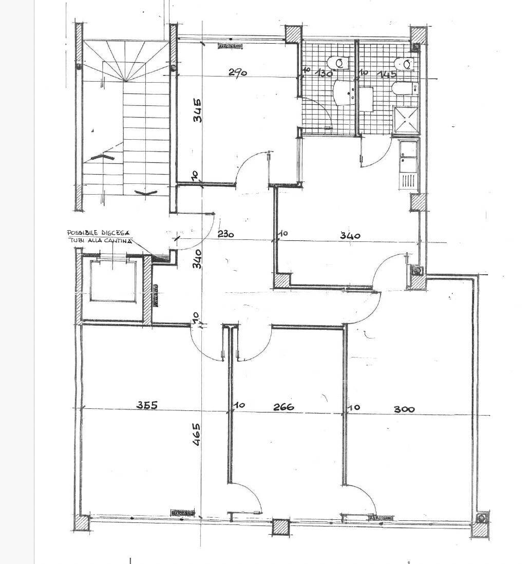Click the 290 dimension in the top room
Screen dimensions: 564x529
pos(238,72)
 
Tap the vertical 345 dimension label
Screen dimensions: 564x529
pos(197,110)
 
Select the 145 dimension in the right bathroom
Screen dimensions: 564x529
pos(387,74)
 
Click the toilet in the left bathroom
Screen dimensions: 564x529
pos(339,63)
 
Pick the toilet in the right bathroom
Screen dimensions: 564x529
pos(405,64)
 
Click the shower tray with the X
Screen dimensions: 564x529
pos(406,118)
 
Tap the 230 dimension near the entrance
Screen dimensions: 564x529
pos(225,234)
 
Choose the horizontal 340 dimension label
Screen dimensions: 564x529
pos(350,236)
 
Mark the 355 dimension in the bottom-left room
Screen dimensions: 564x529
pos(146,405)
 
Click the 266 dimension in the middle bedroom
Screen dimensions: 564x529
pos(284,407)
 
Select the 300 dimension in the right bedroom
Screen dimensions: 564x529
pos(404,409)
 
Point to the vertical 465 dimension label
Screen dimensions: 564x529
pos(197,434)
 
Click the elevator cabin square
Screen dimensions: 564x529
pos(114,281)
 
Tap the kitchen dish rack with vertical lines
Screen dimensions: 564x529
pos(409,181)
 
